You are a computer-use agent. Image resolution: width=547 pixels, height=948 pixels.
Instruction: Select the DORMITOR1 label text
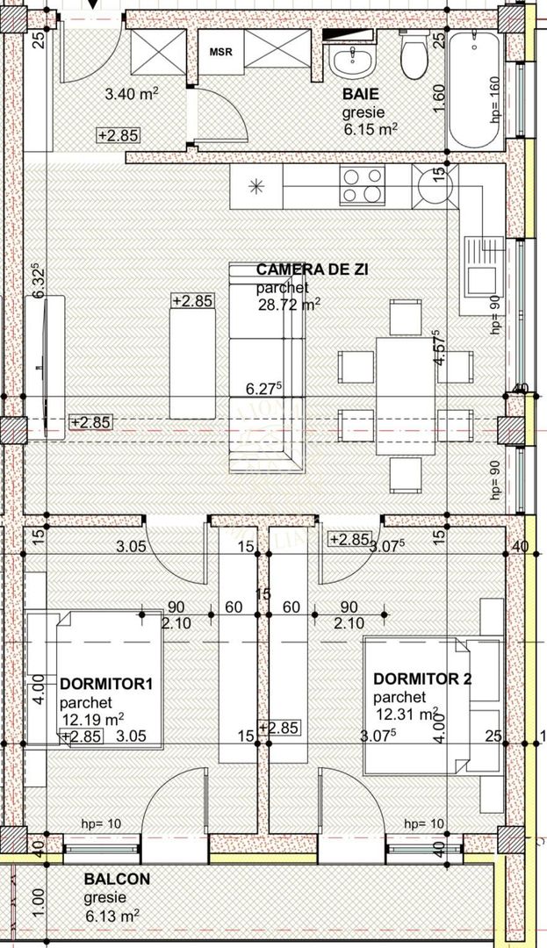click(x=94, y=684)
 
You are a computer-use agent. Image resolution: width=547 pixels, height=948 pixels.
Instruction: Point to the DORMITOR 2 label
click(x=422, y=678)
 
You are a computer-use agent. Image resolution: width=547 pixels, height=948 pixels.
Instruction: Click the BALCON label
click(x=117, y=879)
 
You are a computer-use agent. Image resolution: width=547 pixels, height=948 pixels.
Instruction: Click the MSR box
click(x=220, y=52)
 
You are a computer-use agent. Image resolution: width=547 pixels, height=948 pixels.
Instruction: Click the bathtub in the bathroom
click(x=473, y=88)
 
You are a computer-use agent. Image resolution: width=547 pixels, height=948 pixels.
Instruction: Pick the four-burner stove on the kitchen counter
click(x=363, y=185)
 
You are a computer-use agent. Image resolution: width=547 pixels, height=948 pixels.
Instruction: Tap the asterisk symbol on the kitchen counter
click(x=256, y=185)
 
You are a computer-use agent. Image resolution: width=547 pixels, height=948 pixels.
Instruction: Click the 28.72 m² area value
click(x=288, y=305)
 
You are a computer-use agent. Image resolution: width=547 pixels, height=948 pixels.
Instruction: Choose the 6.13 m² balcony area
click(x=112, y=916)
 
